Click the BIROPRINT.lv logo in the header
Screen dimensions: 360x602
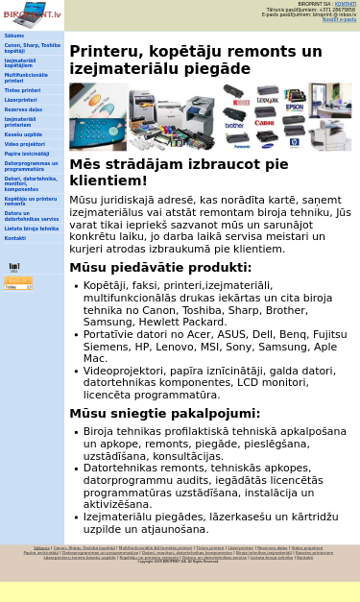coord(32,14)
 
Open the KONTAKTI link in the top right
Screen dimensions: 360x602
coord(345,4)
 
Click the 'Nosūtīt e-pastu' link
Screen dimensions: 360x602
coord(339,19)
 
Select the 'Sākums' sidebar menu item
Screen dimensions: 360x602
coord(14,36)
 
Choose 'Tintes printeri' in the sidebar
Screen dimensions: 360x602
coord(22,90)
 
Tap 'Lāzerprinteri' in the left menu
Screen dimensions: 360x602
coord(21,100)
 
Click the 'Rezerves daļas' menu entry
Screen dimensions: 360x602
coord(23,109)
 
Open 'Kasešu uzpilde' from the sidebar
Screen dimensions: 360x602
coord(23,134)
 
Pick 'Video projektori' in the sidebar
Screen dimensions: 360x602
coord(24,144)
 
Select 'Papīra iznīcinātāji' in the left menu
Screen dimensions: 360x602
coord(27,154)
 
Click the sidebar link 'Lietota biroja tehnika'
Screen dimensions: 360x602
coord(31,229)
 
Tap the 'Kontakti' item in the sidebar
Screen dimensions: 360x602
coord(14,238)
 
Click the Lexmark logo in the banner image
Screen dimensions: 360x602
coord(268,99)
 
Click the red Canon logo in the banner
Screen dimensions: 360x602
coord(264,123)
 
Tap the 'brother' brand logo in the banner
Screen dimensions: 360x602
coord(234,126)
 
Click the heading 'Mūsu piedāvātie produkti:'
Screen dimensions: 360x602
coord(160,268)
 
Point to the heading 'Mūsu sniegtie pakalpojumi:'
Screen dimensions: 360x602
coord(164,414)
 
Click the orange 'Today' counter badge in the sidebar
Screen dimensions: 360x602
coord(18,283)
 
